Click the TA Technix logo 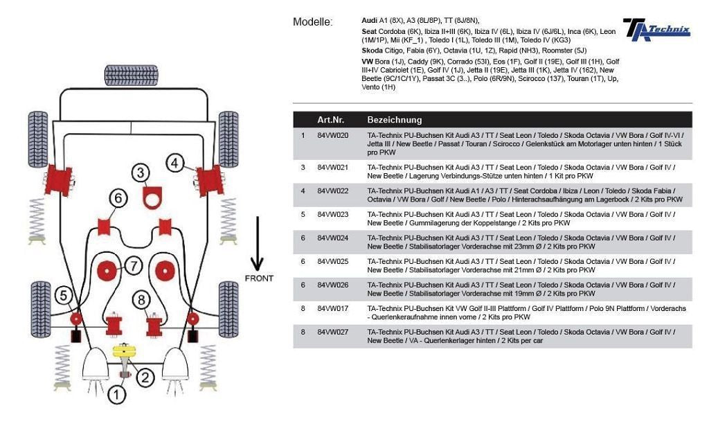click(x=656, y=29)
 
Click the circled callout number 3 click(x=141, y=172)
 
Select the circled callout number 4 click(x=176, y=163)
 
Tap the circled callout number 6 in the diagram click(x=118, y=199)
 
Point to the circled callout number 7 click(x=134, y=265)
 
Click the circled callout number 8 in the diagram click(x=141, y=300)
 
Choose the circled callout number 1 click(x=117, y=396)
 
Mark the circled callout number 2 click(x=145, y=378)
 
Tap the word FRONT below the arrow click(x=259, y=278)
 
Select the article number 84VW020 click(x=332, y=135)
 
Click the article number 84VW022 click(x=332, y=190)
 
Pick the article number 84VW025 click(x=332, y=261)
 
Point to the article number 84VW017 click(x=332, y=308)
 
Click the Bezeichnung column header click(x=394, y=119)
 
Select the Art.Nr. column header click(x=331, y=119)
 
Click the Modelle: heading click(x=313, y=22)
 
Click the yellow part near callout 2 click(x=123, y=350)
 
